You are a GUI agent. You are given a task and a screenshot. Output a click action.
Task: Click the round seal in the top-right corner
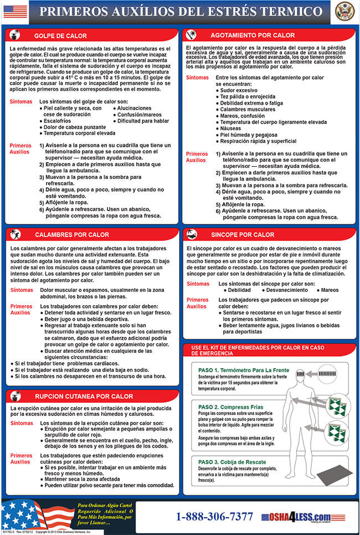343,11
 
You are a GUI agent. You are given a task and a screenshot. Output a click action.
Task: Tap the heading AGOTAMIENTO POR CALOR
245,34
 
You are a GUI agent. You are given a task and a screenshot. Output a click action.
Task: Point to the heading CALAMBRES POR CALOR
72,234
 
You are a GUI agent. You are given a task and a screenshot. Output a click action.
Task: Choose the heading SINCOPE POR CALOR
243,234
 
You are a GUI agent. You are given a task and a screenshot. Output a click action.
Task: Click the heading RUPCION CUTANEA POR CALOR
84,396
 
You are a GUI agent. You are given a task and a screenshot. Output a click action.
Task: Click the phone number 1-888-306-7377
214,517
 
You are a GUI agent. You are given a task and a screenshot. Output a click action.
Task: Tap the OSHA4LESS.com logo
296,517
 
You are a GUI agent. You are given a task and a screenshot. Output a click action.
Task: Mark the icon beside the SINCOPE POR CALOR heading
192,234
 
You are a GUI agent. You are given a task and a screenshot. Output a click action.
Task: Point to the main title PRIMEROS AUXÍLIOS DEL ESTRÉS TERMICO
181,11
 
